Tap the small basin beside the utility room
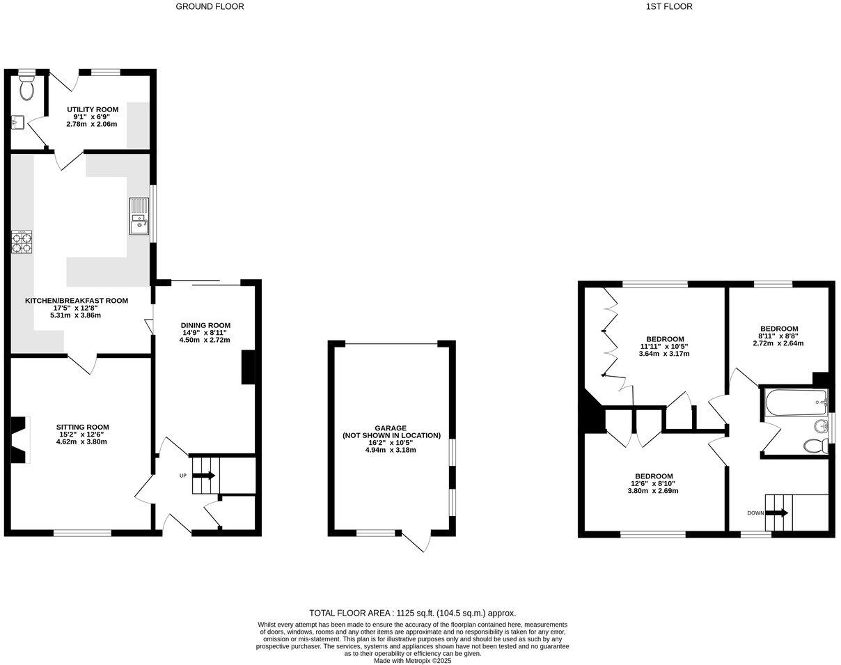point(17,123)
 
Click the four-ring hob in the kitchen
point(22,242)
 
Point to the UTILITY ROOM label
point(93,109)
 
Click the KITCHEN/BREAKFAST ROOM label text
point(77,301)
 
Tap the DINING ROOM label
point(205,325)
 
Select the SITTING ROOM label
point(82,427)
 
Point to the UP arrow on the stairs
point(205,476)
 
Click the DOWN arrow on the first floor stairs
point(778,513)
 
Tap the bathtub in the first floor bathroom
point(795,403)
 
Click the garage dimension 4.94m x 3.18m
point(391,450)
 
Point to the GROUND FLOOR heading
point(210,7)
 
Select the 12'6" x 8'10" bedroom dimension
point(653,483)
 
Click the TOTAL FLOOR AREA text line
point(412,613)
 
